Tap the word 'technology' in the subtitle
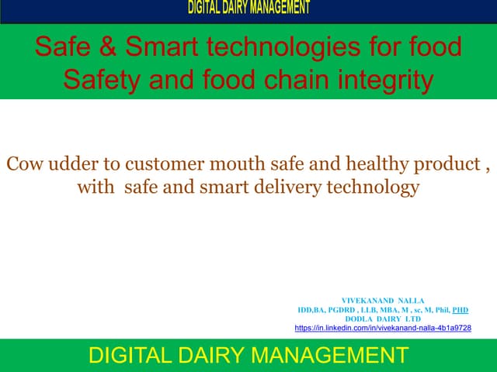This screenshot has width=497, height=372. coord(376,187)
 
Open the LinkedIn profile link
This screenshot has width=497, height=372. coord(383,328)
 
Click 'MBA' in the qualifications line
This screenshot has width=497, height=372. coord(385,309)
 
